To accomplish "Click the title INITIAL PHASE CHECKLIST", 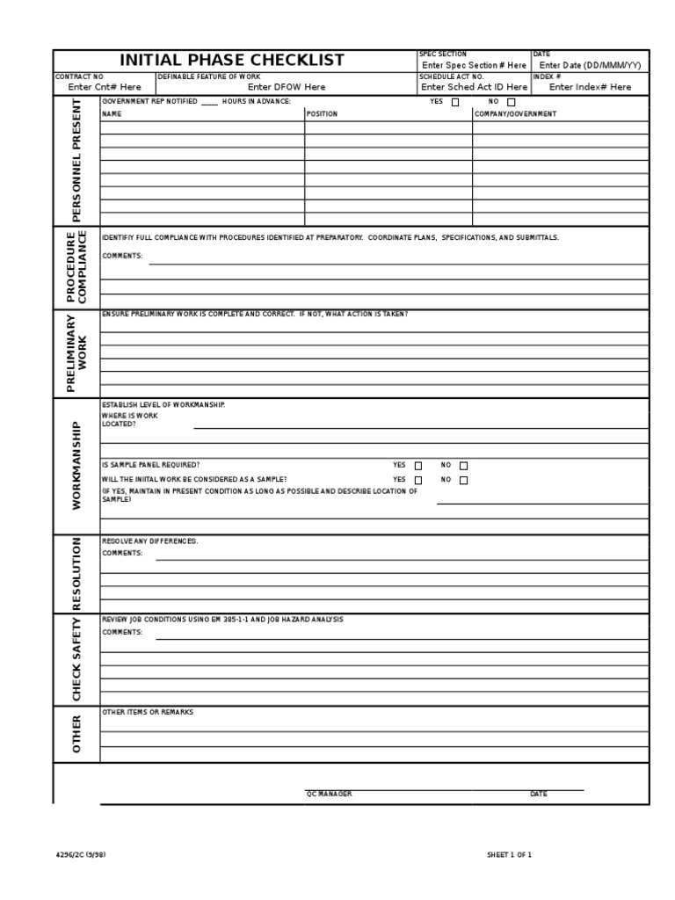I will [x=232, y=61].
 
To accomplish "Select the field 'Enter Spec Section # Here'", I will [x=474, y=65].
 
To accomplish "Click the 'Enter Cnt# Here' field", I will [x=104, y=87].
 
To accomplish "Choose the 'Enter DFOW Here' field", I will [x=287, y=87].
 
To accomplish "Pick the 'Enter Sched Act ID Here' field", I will [x=474, y=87].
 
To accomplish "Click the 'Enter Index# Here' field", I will [x=590, y=87].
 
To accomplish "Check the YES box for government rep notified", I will [x=455, y=102].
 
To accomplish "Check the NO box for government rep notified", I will [x=512, y=102].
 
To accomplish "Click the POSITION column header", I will [x=322, y=114].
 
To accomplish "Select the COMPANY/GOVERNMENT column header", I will [x=515, y=114].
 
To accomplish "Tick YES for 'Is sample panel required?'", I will [x=418, y=466].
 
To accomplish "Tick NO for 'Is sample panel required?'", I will [x=464, y=466].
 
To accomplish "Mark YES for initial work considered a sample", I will [x=418, y=480].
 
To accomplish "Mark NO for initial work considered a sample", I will [x=464, y=480].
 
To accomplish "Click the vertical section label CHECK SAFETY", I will [x=76, y=659].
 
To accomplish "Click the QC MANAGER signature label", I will [x=329, y=794].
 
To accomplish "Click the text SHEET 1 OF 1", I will [x=510, y=854].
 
